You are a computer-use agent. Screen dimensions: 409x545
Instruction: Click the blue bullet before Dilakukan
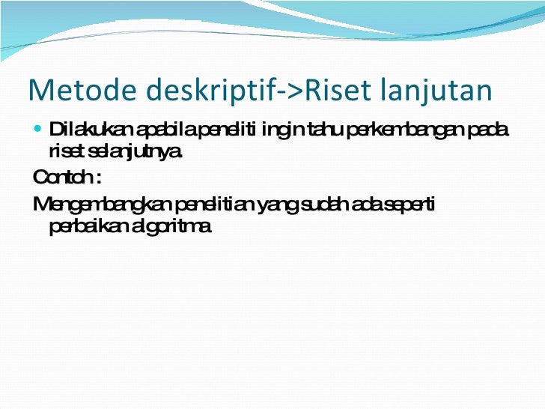tap(39, 133)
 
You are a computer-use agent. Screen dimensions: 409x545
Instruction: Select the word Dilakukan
tap(85, 133)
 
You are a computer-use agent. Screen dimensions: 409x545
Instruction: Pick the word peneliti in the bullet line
tap(216, 133)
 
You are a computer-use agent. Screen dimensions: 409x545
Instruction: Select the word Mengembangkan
tap(102, 204)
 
